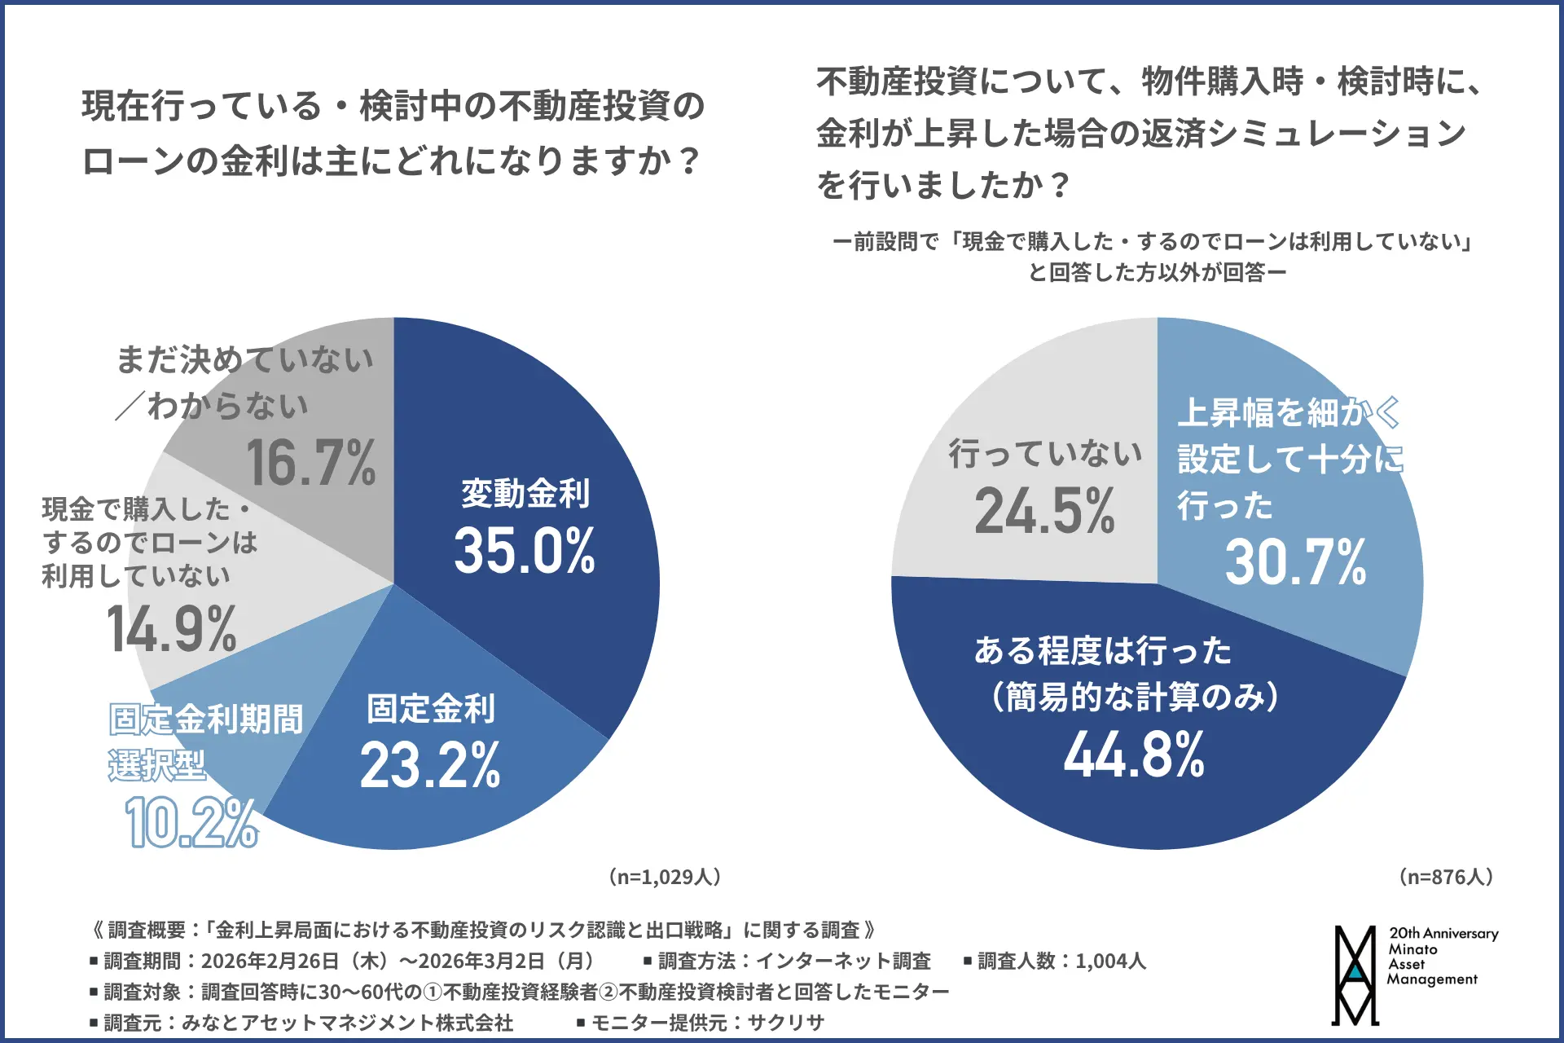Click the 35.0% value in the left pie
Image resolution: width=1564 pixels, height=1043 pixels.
pos(524,551)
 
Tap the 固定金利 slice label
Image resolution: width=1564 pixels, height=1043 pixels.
pos(430,708)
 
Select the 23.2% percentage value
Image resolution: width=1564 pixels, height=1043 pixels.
pos(430,766)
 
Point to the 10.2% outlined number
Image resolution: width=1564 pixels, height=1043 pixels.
pos(191,823)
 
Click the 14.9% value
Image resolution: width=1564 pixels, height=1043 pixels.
pos(172,630)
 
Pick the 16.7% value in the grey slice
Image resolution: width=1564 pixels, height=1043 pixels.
pos(310,463)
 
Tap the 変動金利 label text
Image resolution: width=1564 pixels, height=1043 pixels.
pos(525,493)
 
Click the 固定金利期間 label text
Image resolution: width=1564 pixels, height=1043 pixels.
pos(206,720)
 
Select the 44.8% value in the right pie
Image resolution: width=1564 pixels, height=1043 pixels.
pos(1133,755)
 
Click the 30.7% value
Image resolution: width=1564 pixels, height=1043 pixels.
pos(1295,563)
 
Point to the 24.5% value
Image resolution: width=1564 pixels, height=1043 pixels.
pos(1044,512)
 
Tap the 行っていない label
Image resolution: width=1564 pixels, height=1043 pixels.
pos(1045,453)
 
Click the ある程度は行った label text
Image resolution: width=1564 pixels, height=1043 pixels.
pos(1102,650)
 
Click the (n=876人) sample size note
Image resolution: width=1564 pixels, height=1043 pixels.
pos(1445,877)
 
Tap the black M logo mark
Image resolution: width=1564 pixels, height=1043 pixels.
pos(1355,975)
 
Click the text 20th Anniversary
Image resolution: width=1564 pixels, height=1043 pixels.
pos(1443,934)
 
